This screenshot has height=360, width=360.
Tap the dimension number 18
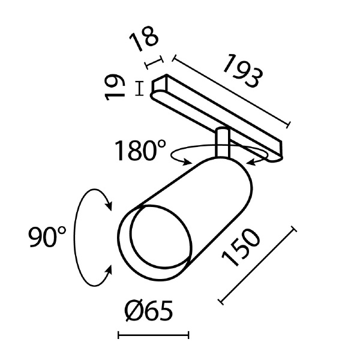tap(145, 41)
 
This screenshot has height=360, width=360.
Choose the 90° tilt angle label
tap(47, 238)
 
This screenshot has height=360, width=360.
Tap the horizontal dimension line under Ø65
tap(153, 335)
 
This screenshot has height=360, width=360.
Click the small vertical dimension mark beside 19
tap(140, 88)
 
